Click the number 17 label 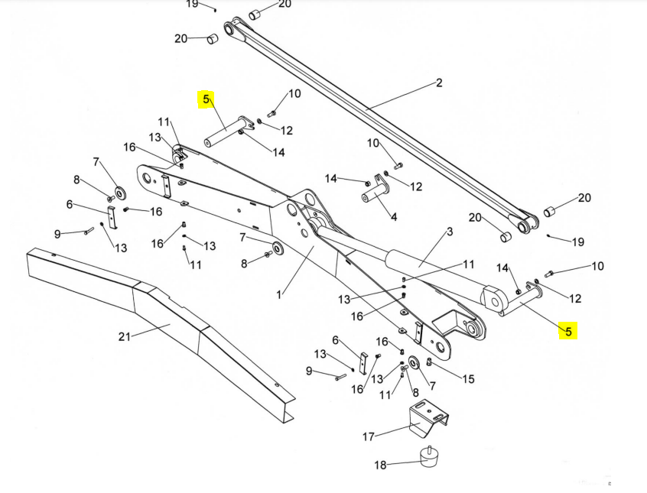(369, 436)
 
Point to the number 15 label (468, 378)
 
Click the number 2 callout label (439, 83)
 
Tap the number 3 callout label (450, 231)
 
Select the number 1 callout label (280, 294)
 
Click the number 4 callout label (394, 217)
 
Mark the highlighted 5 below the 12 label (567, 331)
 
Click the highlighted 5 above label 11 (205, 99)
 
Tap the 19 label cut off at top (192, 4)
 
